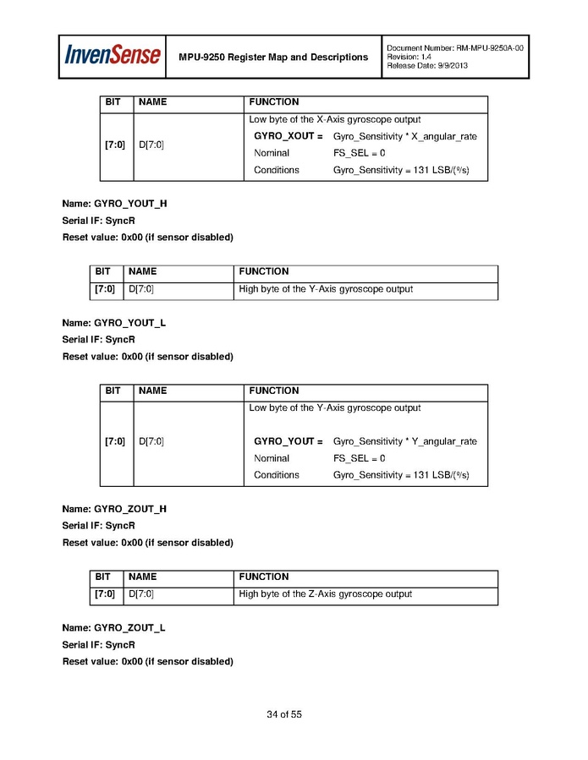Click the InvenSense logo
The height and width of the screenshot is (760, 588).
(x=113, y=56)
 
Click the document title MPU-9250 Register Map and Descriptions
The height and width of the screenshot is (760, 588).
(x=273, y=57)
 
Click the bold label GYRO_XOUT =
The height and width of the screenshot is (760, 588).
(x=289, y=136)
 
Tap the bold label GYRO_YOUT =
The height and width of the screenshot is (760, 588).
(x=289, y=441)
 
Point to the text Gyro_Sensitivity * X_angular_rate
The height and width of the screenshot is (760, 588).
(x=404, y=136)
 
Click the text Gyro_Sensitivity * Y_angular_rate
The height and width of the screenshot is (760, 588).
(x=404, y=441)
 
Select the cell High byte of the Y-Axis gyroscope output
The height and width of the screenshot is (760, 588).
(x=326, y=289)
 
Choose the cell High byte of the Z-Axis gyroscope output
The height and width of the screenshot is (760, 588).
(x=326, y=594)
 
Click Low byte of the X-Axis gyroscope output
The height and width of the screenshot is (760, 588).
(x=334, y=119)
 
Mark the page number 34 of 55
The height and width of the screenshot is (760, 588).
(x=284, y=714)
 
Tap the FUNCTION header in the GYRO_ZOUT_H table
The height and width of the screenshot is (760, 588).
(x=264, y=577)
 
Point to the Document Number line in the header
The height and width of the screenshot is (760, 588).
(x=454, y=48)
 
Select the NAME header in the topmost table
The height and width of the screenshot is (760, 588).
(x=152, y=101)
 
